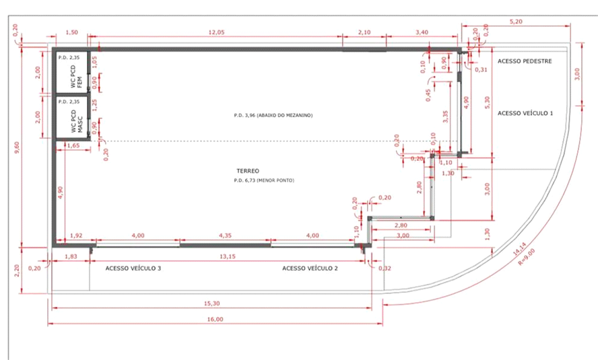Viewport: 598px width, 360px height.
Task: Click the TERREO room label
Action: coord(247,171)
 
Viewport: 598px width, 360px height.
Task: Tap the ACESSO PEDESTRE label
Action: coord(525,61)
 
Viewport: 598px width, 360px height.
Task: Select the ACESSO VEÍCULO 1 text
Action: coord(525,113)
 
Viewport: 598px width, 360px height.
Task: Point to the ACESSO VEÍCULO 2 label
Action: coord(310,268)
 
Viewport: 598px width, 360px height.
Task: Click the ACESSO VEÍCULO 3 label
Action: coord(133,268)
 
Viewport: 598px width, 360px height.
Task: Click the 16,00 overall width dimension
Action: coord(215,320)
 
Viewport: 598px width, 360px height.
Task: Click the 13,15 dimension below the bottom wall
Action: coord(227,256)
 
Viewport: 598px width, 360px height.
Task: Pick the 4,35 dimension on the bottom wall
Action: coord(225,236)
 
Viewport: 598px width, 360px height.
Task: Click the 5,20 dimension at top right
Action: coord(515,22)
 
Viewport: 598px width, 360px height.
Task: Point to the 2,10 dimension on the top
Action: coord(364,32)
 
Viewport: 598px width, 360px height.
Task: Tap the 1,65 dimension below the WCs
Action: coord(73,145)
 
